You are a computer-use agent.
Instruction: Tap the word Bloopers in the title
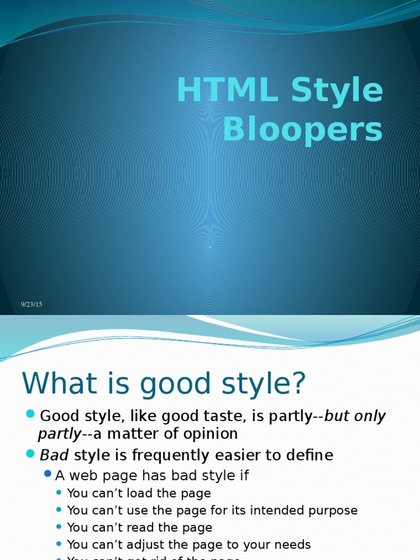click(x=302, y=131)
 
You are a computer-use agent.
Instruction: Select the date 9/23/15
click(x=32, y=305)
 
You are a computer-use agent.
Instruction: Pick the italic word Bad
click(x=54, y=455)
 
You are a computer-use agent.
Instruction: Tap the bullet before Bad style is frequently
click(x=30, y=452)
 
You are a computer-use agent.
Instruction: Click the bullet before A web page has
click(x=48, y=474)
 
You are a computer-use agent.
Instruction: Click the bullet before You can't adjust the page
click(x=59, y=544)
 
